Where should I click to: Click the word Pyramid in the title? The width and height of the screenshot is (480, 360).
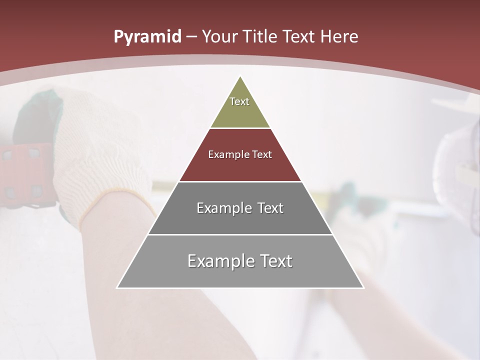147,37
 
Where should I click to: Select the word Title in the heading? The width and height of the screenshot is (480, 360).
259,37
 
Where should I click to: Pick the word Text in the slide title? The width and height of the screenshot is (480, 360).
299,37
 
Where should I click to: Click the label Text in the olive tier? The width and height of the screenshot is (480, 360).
239,101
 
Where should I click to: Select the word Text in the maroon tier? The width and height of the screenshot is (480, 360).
262,154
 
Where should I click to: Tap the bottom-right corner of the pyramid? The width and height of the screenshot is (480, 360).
363,287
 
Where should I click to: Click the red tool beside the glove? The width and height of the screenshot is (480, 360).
25,175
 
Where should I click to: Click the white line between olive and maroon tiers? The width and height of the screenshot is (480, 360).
240,128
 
